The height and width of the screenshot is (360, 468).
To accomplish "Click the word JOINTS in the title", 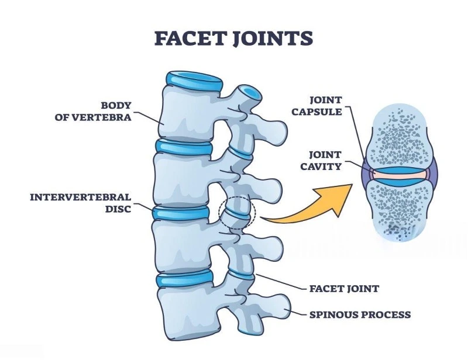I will pyautogui.click(x=274, y=39).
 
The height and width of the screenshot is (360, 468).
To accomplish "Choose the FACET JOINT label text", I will pyautogui.click(x=344, y=289).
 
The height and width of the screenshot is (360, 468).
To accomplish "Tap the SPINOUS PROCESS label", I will pyautogui.click(x=360, y=315).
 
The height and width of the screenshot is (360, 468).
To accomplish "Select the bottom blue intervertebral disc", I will pyautogui.click(x=183, y=276).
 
